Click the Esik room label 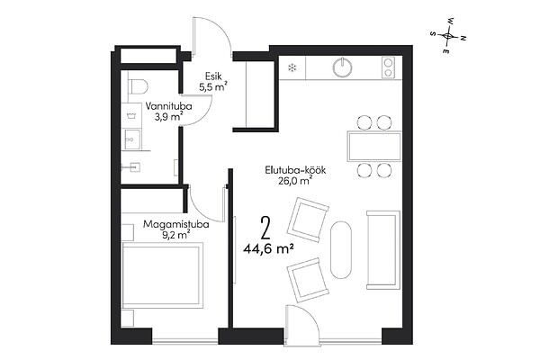click(213, 76)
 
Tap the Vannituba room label click(168, 106)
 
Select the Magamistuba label click(176, 225)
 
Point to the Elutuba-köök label click(295, 170)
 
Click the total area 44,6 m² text click(268, 248)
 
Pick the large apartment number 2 click(265, 228)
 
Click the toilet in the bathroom click(138, 85)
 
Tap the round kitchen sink click(342, 67)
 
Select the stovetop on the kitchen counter click(388, 67)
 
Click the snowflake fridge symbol click(292, 67)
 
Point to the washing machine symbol click(131, 114)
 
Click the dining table click(374, 147)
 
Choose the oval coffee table click(341, 249)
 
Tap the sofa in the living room click(383, 249)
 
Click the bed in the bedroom click(162, 274)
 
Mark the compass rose click(448, 35)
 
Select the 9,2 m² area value click(176, 235)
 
